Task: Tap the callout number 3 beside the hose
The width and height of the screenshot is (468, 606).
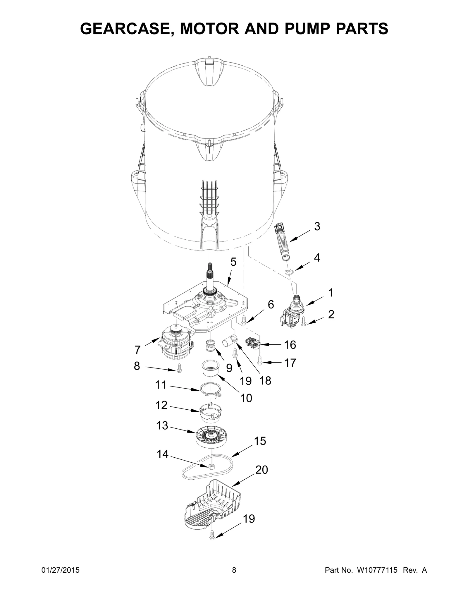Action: [317, 226]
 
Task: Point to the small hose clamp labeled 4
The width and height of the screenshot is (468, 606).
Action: [289, 272]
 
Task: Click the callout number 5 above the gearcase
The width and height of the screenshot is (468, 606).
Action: [233, 262]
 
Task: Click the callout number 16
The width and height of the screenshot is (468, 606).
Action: [290, 345]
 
